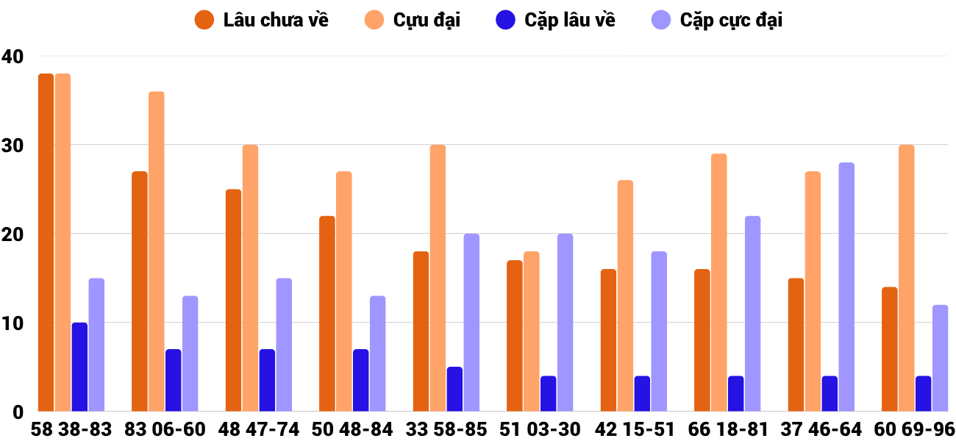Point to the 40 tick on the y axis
pyautogui.click(x=13, y=56)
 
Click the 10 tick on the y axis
pyautogui.click(x=13, y=323)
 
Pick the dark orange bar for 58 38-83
pyautogui.click(x=46, y=243)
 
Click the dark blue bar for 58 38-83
pyautogui.click(x=79, y=367)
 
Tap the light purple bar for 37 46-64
pyautogui.click(x=846, y=287)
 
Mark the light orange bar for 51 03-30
pyautogui.click(x=532, y=331)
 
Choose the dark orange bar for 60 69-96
pyautogui.click(x=890, y=349)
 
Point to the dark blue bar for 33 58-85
pyautogui.click(x=454, y=389)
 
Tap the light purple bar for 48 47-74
pyautogui.click(x=284, y=345)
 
